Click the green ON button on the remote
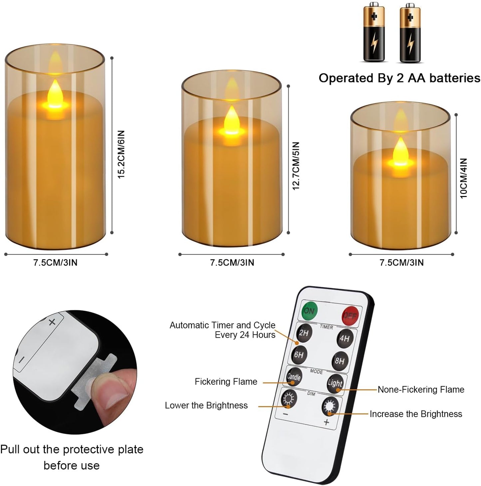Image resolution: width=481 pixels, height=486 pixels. [309, 310]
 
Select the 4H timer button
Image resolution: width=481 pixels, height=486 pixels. [345, 338]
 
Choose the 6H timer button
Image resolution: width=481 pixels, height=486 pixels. [299, 355]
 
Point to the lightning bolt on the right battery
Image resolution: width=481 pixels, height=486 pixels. [410, 44]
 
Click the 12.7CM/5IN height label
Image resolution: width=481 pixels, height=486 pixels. [296, 166]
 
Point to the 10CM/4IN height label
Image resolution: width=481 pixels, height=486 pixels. [464, 178]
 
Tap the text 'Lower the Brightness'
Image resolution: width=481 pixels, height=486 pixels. [206, 405]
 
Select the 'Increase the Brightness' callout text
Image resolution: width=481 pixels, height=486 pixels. [416, 414]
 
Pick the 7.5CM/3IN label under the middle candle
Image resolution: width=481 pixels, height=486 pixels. [232, 263]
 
